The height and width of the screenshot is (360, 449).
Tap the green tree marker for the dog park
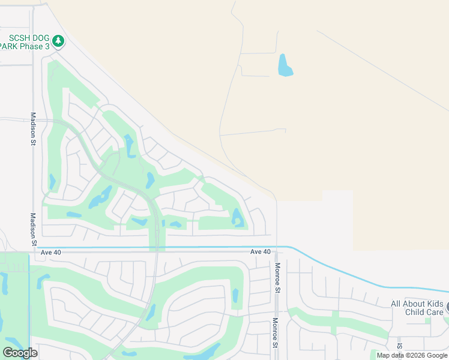(58, 41)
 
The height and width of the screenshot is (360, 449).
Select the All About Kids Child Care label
(417, 308)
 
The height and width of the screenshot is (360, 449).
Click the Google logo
(20, 352)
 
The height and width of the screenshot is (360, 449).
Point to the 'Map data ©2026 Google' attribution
(412, 355)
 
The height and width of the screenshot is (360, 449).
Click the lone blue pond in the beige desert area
(285, 65)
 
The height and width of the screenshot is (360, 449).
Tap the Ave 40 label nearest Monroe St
(261, 252)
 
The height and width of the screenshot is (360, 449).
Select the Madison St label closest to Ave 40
(34, 229)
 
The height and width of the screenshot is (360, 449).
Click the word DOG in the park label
(40, 37)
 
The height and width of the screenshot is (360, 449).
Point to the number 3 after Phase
(47, 46)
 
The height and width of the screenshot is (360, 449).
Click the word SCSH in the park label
(18, 37)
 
